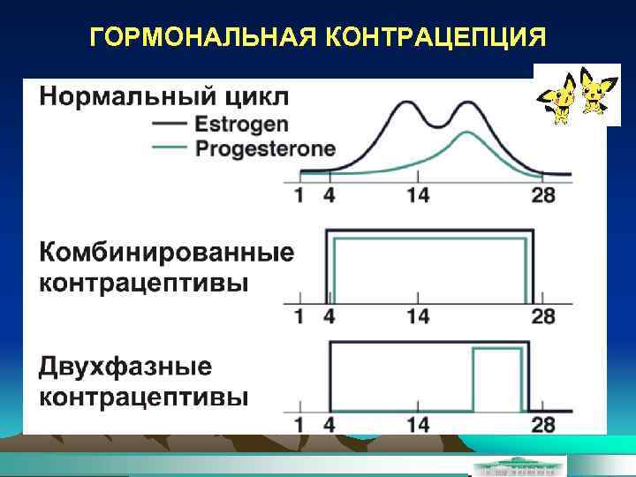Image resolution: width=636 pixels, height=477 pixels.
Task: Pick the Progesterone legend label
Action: click(x=265, y=148)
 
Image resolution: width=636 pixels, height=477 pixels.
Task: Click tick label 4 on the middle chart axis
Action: click(x=328, y=316)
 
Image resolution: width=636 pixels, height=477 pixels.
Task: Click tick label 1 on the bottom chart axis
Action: click(x=298, y=426)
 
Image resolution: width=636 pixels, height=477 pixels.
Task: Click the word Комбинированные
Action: click(x=166, y=254)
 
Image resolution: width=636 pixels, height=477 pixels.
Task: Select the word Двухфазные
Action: click(x=125, y=366)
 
